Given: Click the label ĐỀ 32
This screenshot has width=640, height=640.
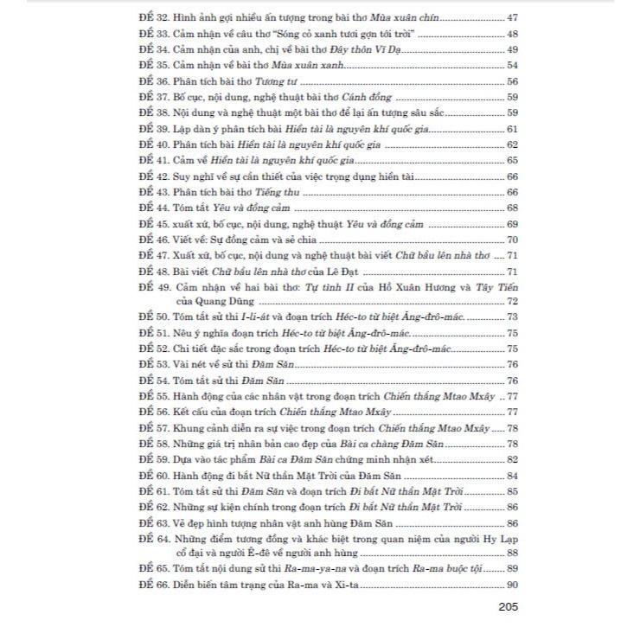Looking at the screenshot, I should point(151,16).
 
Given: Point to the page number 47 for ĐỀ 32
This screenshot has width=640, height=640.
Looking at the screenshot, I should point(511,16).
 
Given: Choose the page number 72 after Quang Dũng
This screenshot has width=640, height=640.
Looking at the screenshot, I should point(511,301).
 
